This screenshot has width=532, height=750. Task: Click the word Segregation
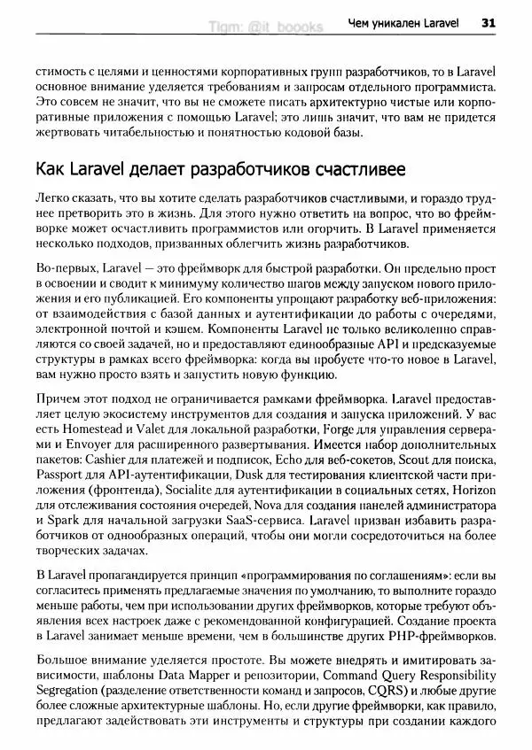(67, 690)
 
